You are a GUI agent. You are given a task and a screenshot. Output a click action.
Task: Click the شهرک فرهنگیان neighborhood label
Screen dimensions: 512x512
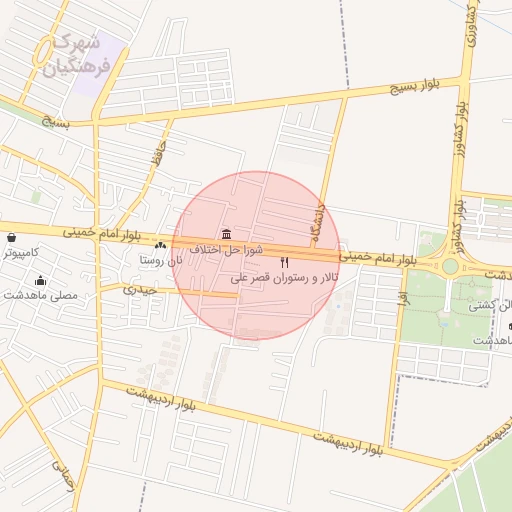point(76,57)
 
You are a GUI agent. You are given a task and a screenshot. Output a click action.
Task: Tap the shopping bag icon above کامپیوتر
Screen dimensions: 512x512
point(11,239)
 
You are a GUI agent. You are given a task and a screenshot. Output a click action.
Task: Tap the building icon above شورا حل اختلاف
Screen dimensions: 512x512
point(227,234)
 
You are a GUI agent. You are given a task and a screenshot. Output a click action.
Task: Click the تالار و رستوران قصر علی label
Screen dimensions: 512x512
point(282,277)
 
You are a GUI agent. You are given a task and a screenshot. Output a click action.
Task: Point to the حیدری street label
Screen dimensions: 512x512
point(141,289)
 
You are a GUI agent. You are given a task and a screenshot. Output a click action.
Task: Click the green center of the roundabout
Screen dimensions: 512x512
point(450,267)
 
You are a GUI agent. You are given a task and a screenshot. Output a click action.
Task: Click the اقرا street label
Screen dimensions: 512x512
point(403,298)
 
